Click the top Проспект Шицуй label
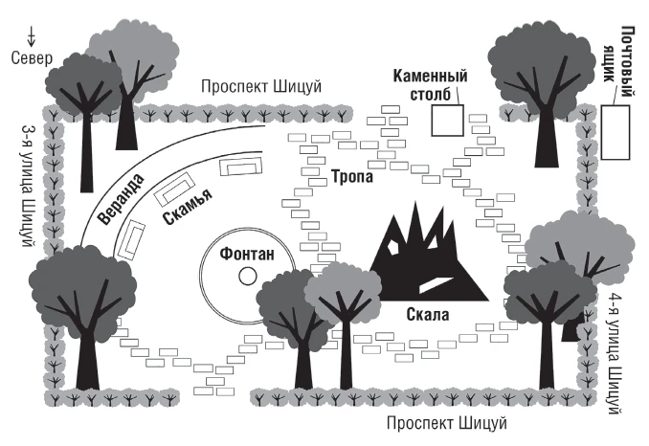(x=261, y=87)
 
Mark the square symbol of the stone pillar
(x=446, y=122)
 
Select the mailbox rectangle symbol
(x=615, y=132)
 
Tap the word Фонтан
(x=247, y=254)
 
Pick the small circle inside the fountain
(x=248, y=277)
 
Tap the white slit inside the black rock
(x=432, y=283)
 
